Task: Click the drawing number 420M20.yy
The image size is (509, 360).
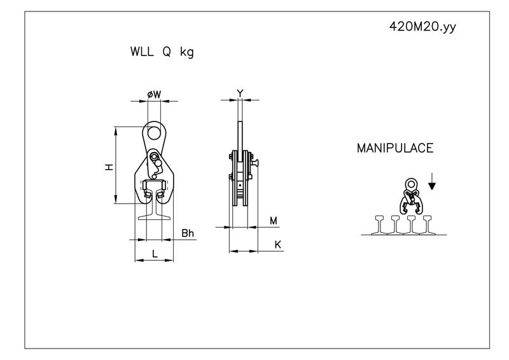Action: click(422, 27)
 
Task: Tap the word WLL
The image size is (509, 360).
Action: click(142, 52)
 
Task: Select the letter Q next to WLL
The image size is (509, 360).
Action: click(167, 52)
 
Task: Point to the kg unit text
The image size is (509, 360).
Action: click(187, 52)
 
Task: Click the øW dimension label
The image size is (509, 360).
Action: click(154, 95)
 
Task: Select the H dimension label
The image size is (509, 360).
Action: click(109, 167)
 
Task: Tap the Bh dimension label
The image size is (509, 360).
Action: click(188, 233)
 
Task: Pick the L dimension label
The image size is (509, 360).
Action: click(155, 254)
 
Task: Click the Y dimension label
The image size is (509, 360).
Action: click(240, 93)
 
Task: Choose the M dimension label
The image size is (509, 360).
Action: click(274, 221)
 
